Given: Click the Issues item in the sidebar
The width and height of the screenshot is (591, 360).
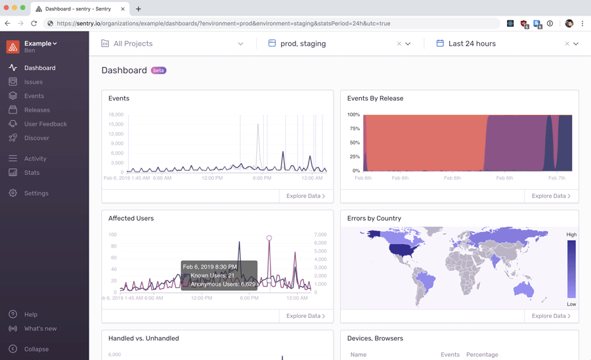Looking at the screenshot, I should [33, 82].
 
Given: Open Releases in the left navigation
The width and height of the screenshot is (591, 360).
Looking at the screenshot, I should [37, 110].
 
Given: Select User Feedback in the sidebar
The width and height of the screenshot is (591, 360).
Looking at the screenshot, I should [45, 124].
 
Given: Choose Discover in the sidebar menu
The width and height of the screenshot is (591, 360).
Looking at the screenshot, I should [36, 138].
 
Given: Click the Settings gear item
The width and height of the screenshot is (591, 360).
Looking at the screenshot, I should [36, 193].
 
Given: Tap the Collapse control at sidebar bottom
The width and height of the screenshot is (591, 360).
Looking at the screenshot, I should [36, 349].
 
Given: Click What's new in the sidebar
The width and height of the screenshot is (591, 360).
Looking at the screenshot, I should [40, 328].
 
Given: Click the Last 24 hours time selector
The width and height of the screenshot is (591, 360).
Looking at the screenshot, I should [471, 43].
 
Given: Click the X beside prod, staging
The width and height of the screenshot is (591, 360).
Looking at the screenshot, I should [399, 44].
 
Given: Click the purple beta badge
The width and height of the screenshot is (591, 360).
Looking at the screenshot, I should [158, 70].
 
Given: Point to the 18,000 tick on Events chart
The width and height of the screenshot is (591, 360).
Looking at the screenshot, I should [116, 114].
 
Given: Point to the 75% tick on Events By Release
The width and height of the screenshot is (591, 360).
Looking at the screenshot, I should [354, 129].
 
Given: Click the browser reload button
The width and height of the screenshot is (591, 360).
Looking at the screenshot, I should [34, 24].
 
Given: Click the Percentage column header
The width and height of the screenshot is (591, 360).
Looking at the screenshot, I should [482, 355].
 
